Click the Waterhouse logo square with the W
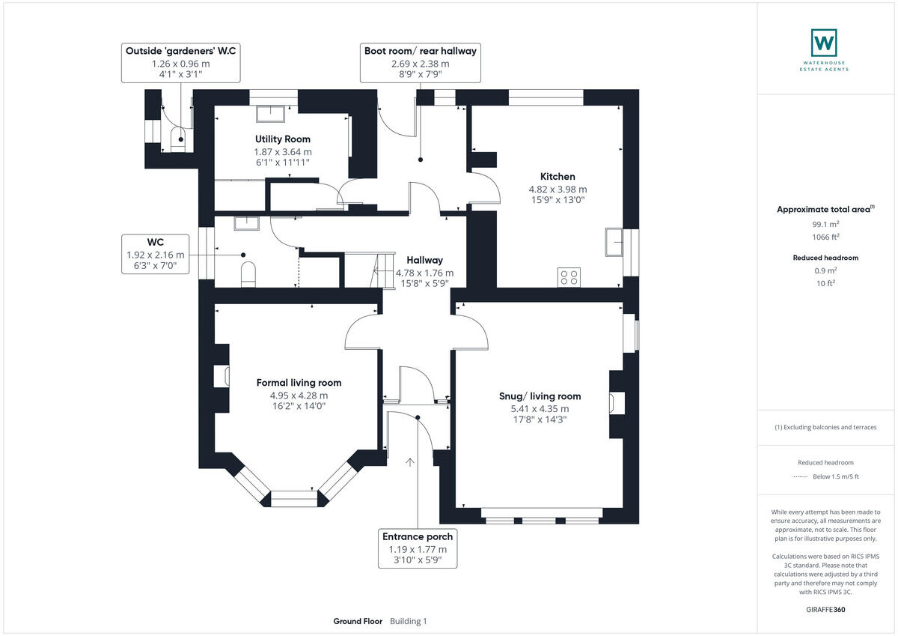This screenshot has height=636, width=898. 823,42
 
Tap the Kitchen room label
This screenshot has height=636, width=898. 561,177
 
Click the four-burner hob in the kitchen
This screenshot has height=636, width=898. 568,277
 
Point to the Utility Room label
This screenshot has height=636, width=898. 282,139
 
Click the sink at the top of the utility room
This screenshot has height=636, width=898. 271,113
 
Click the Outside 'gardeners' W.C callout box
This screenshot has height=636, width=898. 180,63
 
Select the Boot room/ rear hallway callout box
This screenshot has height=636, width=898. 420,63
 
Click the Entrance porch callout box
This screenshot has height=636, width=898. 418,548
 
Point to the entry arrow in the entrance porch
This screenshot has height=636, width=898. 410,462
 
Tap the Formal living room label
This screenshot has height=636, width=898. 299,383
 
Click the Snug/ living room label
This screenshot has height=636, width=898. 540,396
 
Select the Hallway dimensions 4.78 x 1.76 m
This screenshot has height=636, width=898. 424,273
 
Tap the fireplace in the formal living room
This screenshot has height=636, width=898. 222,376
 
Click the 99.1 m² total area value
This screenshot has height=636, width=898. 825,223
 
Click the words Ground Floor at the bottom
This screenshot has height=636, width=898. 358,621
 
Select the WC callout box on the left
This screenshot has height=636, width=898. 156,255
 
